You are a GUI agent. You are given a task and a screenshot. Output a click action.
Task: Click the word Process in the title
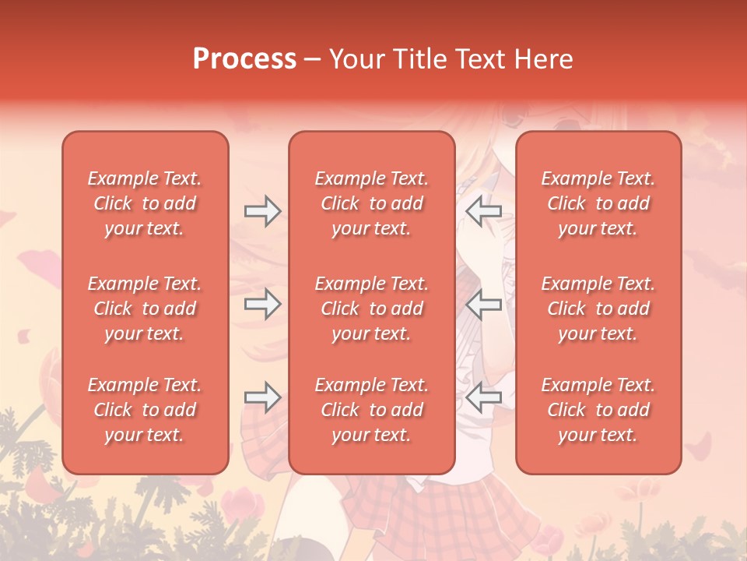tap(244, 59)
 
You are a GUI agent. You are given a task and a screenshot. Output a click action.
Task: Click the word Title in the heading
tap(420, 59)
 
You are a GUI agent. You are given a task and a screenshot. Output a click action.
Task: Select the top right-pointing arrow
tap(262, 211)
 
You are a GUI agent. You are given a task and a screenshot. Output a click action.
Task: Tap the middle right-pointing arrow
tap(262, 304)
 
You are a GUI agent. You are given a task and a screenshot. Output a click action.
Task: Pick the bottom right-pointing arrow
tap(262, 397)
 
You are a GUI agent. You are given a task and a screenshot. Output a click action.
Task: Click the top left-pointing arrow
tap(483, 211)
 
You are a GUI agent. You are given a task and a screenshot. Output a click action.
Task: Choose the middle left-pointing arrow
tap(483, 304)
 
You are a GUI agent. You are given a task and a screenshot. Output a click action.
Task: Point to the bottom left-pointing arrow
tap(483, 397)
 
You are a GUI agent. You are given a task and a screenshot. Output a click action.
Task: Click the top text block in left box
tap(145, 203)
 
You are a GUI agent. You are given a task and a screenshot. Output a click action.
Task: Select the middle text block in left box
tap(145, 309)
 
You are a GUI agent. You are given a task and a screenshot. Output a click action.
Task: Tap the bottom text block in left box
tap(145, 410)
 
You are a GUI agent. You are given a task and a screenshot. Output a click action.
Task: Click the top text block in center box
tap(371, 203)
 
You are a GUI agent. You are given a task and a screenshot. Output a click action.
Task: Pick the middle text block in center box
tap(371, 309)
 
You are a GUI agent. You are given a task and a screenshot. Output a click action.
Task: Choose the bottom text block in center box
tap(371, 410)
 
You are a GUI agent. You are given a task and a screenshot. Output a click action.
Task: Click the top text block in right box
tap(598, 203)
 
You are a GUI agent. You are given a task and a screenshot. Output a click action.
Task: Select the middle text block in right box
tap(598, 309)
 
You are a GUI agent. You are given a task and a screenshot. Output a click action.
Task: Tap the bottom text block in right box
tap(598, 410)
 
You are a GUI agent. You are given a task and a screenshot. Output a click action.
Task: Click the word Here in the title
tap(544, 59)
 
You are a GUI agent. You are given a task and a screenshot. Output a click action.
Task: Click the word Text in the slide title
tap(480, 59)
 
